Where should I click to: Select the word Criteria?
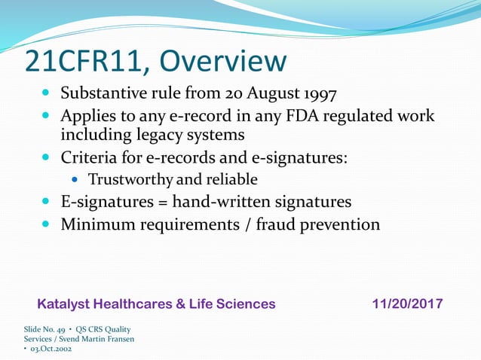[x=90, y=158]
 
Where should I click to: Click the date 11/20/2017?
[x=407, y=304]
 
